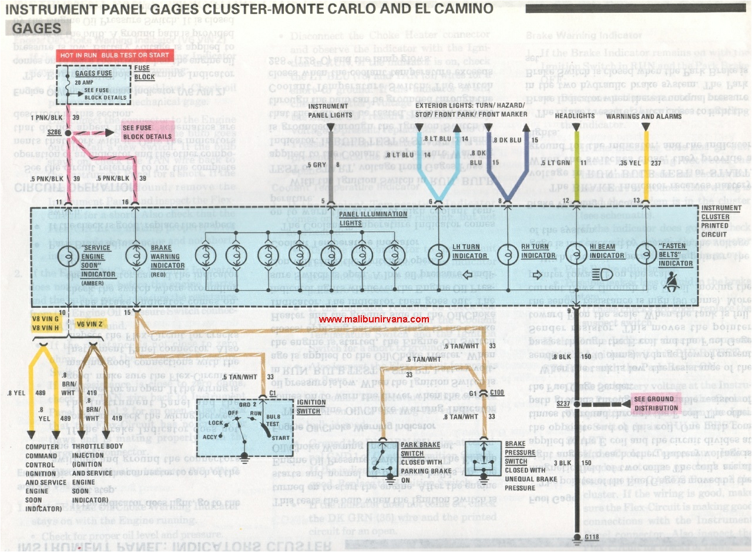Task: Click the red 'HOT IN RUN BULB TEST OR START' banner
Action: [x=114, y=55]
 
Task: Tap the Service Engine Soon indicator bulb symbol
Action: [x=69, y=255]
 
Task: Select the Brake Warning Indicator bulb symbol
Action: [x=136, y=255]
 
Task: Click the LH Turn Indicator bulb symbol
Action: [x=438, y=255]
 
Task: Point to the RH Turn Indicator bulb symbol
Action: [x=507, y=255]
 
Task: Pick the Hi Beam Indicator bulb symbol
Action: [x=576, y=255]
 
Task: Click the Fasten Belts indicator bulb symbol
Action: [x=646, y=255]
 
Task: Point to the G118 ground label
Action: [x=592, y=537]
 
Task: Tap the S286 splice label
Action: [x=55, y=133]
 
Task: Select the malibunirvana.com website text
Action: [x=374, y=319]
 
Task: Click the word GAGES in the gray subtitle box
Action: [x=38, y=28]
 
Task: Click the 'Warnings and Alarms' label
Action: [x=644, y=116]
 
